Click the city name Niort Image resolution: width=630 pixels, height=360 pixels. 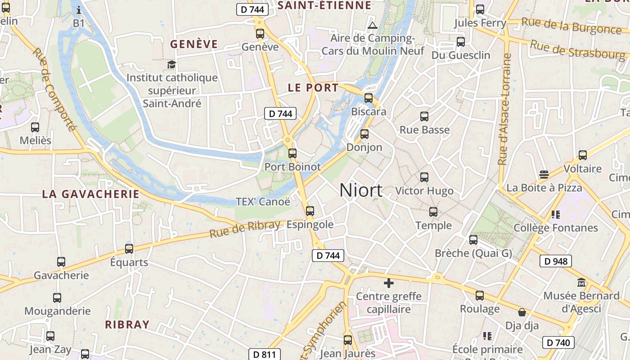(361, 190)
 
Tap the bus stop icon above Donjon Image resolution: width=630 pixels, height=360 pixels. (364, 134)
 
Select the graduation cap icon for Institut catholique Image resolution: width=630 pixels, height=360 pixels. (171, 64)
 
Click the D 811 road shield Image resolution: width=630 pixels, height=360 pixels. (265, 354)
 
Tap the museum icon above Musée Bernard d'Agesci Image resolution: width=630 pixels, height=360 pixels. (581, 283)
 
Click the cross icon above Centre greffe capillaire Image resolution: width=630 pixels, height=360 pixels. (388, 283)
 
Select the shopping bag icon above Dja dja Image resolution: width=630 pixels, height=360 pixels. (522, 312)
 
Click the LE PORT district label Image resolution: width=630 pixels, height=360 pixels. (313, 88)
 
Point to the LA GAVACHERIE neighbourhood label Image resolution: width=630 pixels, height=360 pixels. (91, 194)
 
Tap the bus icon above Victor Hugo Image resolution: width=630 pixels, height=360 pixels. (424, 177)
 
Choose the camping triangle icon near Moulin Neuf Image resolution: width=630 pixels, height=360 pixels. (372, 25)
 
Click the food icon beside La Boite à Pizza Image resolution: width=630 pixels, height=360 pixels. (544, 175)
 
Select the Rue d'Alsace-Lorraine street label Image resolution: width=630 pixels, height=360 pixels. (505, 109)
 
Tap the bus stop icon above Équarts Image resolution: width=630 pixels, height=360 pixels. (129, 248)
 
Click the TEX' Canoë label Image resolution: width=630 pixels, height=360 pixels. (263, 201)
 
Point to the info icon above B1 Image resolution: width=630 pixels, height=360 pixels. (79, 9)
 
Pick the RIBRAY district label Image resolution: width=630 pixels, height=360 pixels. (127, 324)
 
